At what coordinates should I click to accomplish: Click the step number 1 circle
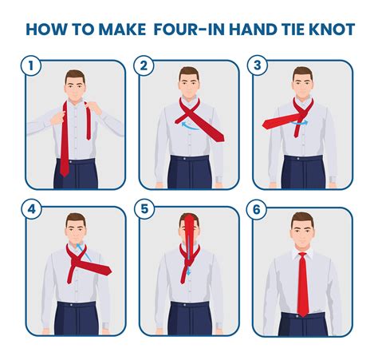click(33, 67)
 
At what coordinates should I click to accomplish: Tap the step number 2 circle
click(146, 67)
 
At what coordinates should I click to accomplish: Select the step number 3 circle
click(259, 67)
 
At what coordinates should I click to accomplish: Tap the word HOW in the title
click(46, 30)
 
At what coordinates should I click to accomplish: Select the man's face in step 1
click(77, 85)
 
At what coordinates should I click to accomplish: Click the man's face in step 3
click(302, 85)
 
